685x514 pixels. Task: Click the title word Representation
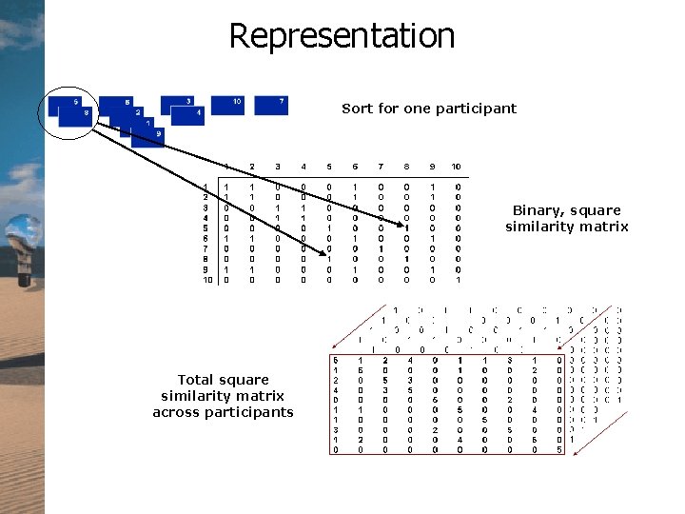342,36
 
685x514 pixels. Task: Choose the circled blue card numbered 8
76,116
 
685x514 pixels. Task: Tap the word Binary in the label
538,210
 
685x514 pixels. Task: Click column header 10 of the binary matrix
456,168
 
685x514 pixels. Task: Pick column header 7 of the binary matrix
381,168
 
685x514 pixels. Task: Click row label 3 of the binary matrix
205,207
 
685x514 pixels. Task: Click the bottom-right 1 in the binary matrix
457,280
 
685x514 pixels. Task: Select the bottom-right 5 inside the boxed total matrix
559,450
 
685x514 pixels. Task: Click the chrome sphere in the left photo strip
20,232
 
